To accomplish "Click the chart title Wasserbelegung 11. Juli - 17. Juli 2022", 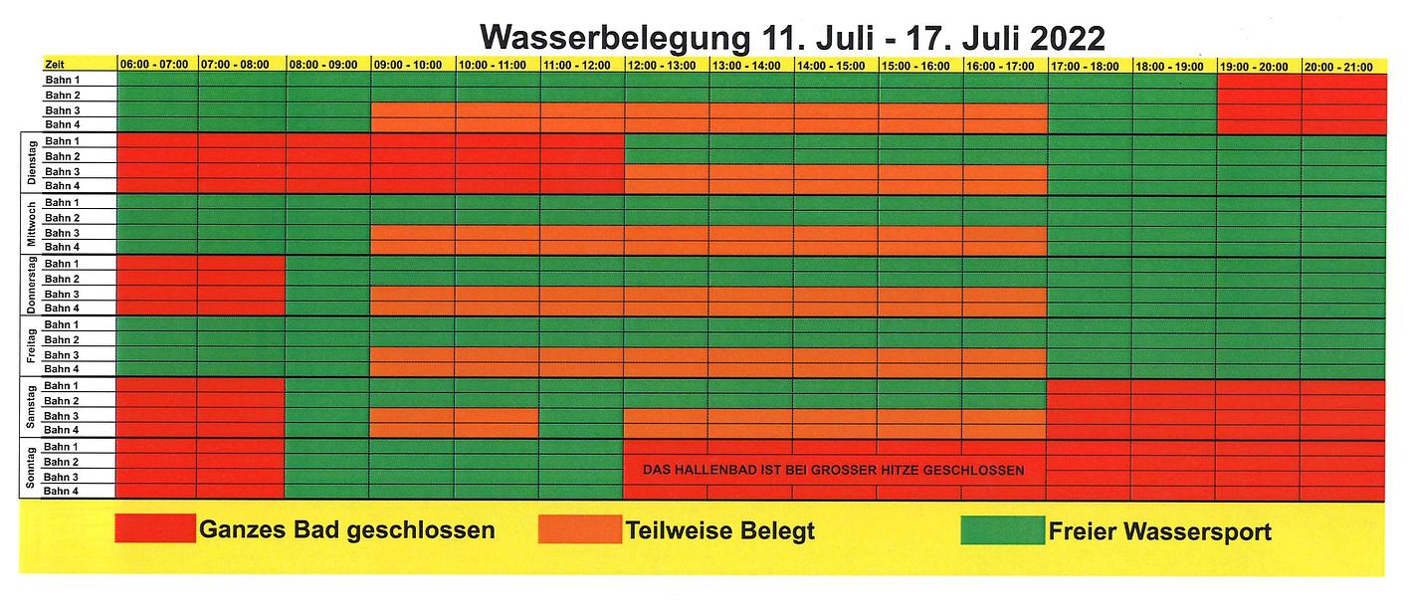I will tap(791, 38).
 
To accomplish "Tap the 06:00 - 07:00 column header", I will tap(154, 66).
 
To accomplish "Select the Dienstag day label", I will tap(30, 163).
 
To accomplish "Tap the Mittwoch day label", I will tap(30, 225).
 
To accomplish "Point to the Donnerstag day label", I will tap(30, 286).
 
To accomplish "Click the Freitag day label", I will tap(30, 347).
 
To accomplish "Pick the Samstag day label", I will tap(30, 408).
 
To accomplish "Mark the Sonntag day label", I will tap(30, 469).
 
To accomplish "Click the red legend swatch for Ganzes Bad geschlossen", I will tap(155, 529).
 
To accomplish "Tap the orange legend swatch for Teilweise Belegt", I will tap(578, 529).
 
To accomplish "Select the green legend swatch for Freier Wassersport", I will tap(1001, 529).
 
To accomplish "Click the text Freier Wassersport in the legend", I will tap(1159, 531).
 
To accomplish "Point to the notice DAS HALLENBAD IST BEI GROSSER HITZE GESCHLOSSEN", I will tap(833, 471).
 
